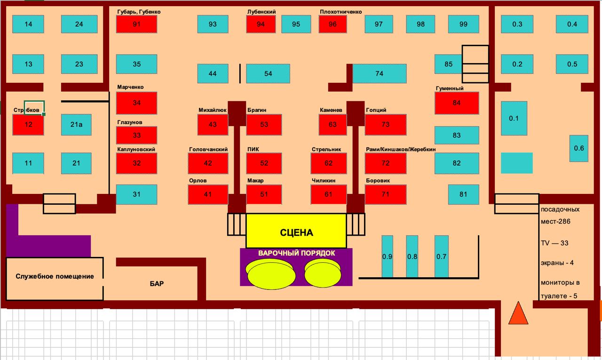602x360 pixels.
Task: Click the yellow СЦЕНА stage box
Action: [x=296, y=232]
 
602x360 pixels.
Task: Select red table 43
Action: [x=213, y=125]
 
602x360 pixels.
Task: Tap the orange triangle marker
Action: [x=518, y=313]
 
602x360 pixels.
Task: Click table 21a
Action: [x=76, y=125]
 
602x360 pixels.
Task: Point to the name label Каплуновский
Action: [x=136, y=150]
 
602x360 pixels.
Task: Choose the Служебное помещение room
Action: [x=55, y=277]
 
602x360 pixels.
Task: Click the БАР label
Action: [x=157, y=284]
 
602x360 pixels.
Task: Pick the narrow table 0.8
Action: [x=412, y=256]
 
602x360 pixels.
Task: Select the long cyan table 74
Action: [x=379, y=73]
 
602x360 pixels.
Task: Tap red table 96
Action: [x=333, y=24]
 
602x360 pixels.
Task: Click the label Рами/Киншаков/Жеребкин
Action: [x=401, y=150]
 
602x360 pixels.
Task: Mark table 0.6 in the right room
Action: [x=578, y=148]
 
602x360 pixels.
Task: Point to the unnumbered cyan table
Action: [x=516, y=163]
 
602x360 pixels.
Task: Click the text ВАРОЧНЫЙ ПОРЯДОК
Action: [x=296, y=253]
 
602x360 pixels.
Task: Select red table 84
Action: [x=457, y=103]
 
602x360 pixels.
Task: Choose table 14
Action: [x=28, y=24]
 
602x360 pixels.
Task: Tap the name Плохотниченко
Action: [x=341, y=12]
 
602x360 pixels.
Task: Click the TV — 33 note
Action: [x=554, y=243]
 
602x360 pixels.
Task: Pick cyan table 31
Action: [x=136, y=194]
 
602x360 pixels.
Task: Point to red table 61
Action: [x=328, y=194]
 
